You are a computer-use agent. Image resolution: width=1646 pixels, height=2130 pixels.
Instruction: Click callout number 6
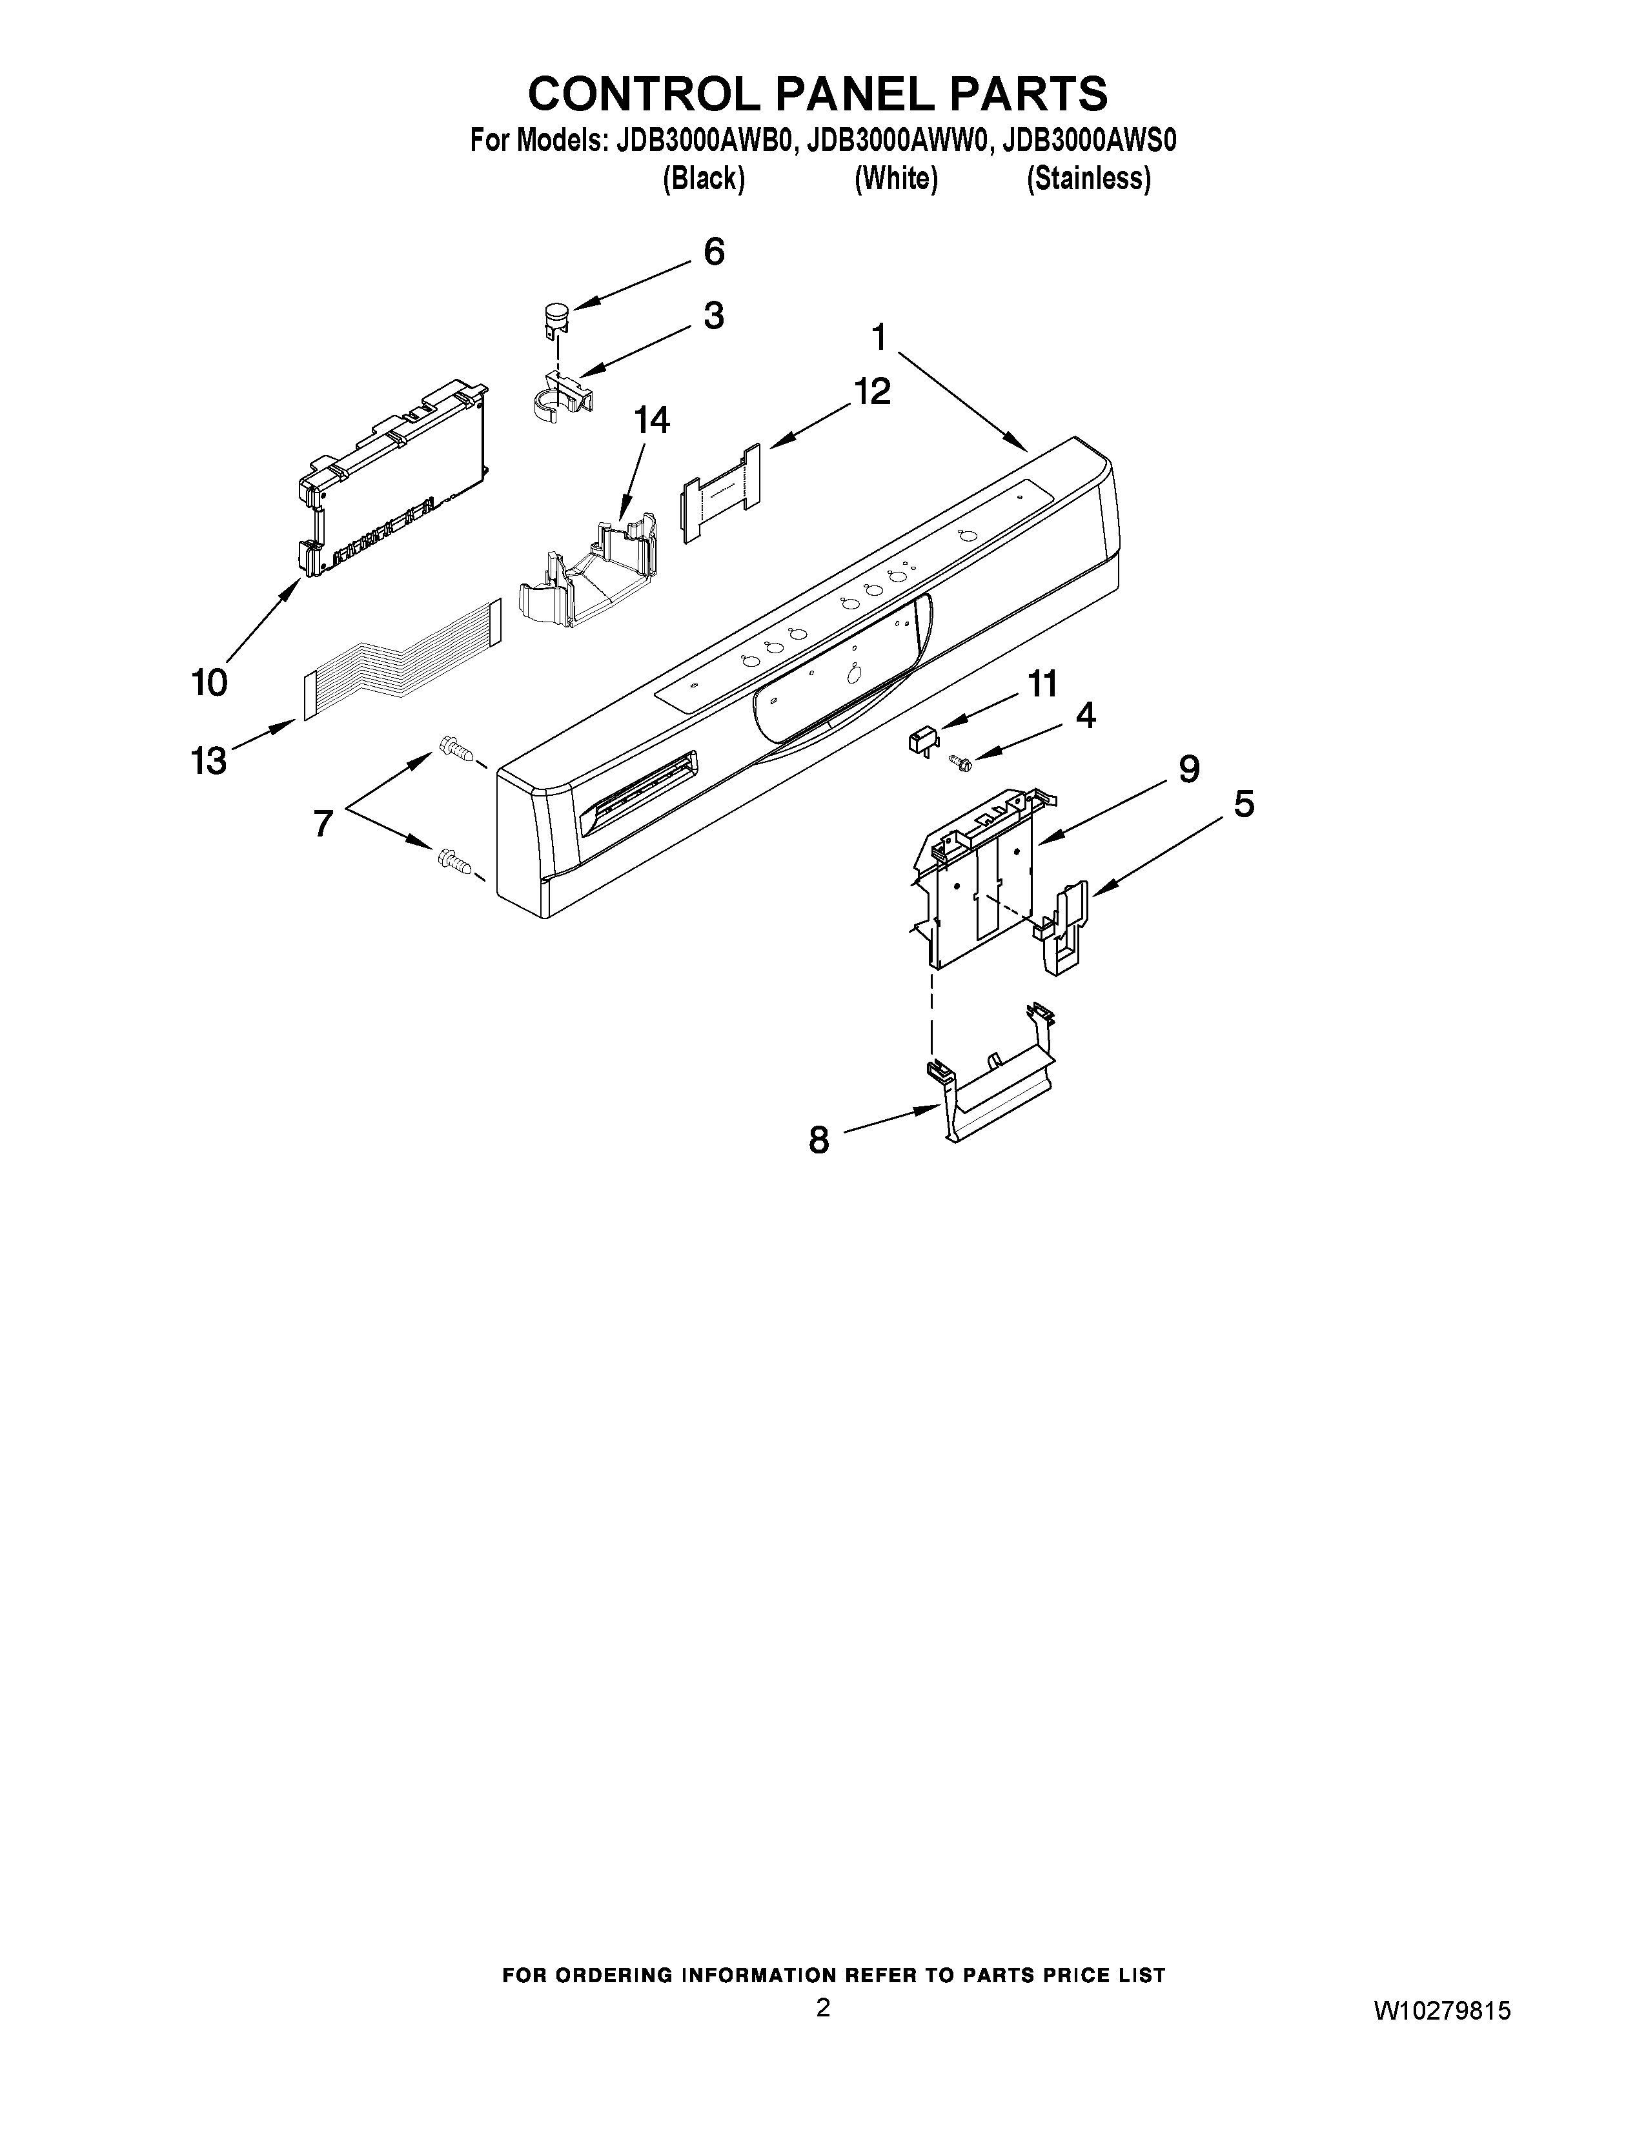pyautogui.click(x=714, y=252)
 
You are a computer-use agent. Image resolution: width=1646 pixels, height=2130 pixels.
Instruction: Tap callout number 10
pyautogui.click(x=210, y=682)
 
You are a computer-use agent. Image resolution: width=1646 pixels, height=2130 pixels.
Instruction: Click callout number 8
pyautogui.click(x=819, y=1139)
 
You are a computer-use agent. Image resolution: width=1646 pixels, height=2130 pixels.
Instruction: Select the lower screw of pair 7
pyautogui.click(x=455, y=860)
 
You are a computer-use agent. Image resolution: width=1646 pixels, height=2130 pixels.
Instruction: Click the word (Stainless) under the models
pyautogui.click(x=1088, y=179)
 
